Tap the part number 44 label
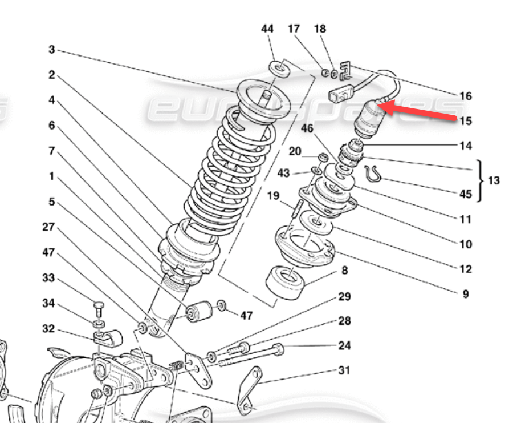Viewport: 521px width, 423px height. pyautogui.click(x=268, y=29)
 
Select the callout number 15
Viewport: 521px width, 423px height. pyautogui.click(x=466, y=121)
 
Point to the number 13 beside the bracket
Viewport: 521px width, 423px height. pyautogui.click(x=494, y=180)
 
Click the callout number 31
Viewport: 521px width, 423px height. pyautogui.click(x=344, y=370)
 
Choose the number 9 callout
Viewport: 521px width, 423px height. pyautogui.click(x=466, y=294)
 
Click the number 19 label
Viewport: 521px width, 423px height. pyautogui.click(x=274, y=196)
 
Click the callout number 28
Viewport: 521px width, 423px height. pyautogui.click(x=344, y=321)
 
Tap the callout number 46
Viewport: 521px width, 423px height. pyautogui.click(x=307, y=130)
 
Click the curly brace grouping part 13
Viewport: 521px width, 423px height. pyautogui.click(x=480, y=181)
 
